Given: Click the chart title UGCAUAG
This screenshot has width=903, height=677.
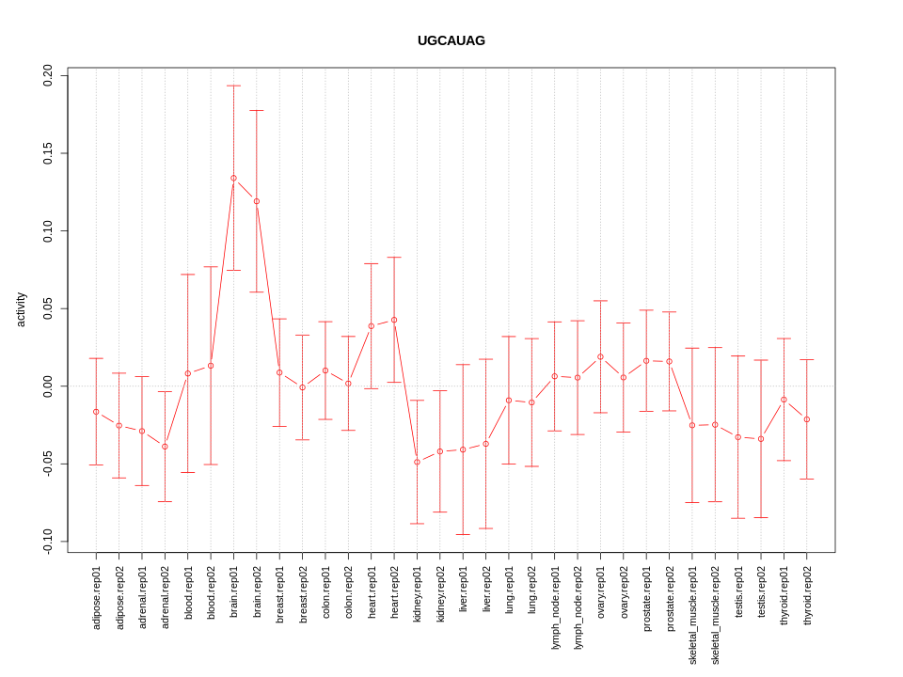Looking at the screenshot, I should [451, 40].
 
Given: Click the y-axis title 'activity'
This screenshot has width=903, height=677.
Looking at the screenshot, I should [21, 309].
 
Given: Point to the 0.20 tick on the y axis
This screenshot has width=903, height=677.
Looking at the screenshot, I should [48, 75].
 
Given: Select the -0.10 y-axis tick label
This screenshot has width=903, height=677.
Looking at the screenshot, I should [48, 542].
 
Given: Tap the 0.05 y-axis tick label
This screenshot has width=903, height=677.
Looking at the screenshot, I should [48, 308].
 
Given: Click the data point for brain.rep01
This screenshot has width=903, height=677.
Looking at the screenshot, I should [233, 178].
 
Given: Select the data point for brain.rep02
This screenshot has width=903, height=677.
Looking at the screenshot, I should [257, 201].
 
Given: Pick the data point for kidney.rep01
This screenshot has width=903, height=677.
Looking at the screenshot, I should [418, 462].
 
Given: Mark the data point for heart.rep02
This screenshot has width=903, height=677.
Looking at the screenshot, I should [394, 320].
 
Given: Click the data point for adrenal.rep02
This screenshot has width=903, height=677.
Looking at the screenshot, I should [165, 447].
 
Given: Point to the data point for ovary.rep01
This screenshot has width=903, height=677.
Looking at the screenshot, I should [600, 356].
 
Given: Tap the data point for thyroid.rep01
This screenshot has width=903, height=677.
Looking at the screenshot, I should [784, 400].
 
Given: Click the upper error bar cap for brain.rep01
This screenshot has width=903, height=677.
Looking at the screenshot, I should [233, 86].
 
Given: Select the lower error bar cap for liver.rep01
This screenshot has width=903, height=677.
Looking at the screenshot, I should [463, 534].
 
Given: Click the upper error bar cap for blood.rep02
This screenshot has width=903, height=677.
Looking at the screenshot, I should [211, 267].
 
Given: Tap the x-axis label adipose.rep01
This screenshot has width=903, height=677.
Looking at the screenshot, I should [96, 597].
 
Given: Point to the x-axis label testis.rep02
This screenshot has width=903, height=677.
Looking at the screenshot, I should [761, 591].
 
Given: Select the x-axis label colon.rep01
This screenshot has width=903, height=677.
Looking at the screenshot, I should [325, 590].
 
